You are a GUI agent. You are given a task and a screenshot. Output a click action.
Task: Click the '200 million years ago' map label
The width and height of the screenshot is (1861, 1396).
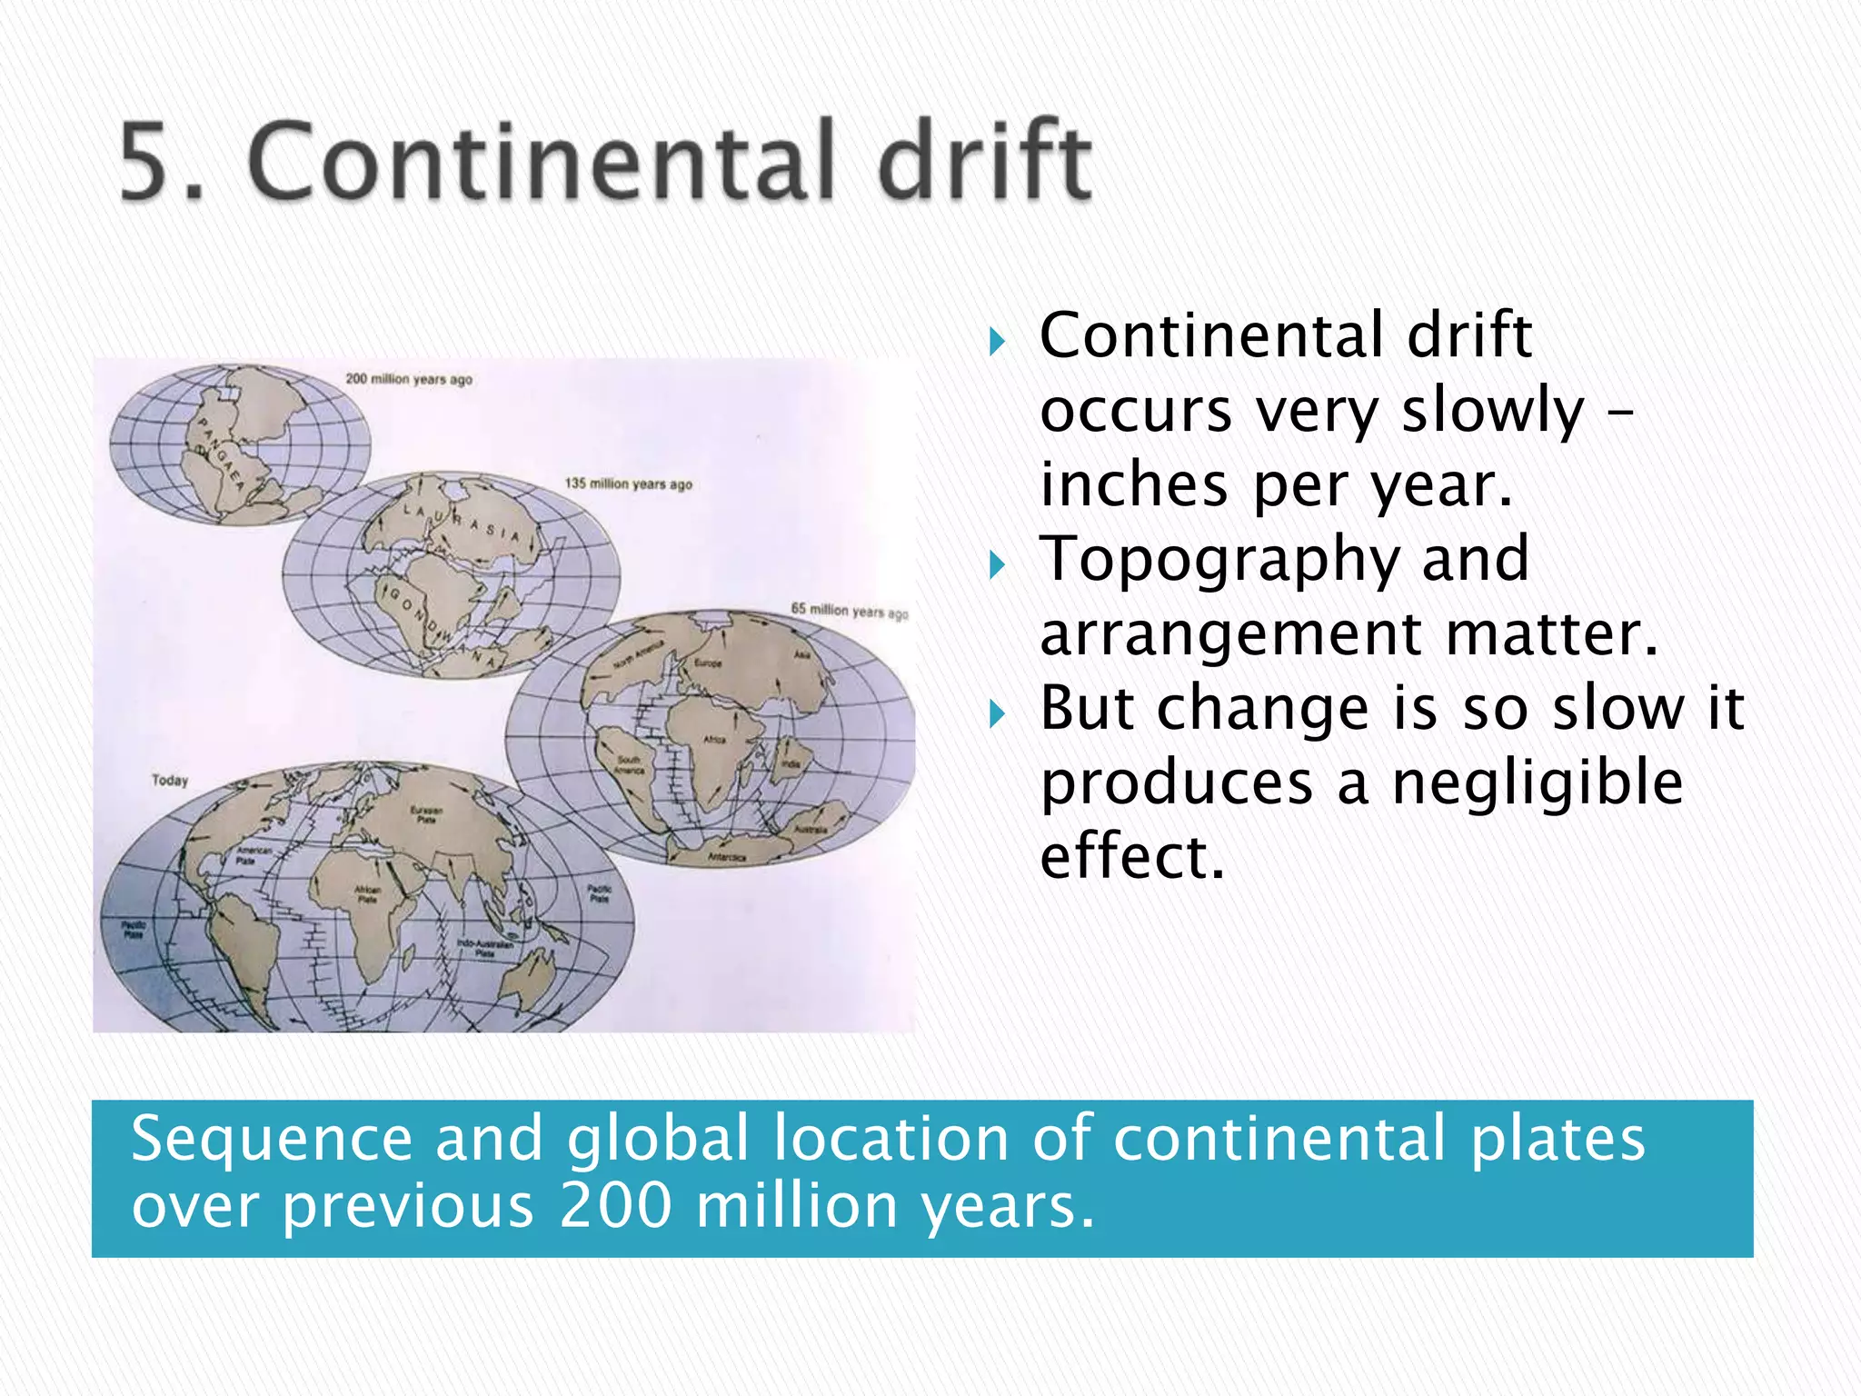(x=409, y=378)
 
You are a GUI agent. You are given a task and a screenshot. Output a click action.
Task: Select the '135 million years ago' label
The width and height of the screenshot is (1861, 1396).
(x=628, y=484)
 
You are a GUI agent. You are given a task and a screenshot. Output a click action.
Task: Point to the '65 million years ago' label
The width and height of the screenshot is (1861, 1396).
(x=849, y=611)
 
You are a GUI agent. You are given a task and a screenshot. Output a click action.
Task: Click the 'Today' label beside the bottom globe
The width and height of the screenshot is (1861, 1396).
(x=170, y=780)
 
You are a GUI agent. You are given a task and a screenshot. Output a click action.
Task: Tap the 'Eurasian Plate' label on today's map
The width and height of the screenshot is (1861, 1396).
(x=426, y=814)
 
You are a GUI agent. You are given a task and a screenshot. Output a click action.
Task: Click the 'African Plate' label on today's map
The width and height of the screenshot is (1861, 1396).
(x=368, y=894)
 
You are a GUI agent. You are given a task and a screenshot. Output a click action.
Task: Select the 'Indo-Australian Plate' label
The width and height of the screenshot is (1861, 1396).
(x=485, y=948)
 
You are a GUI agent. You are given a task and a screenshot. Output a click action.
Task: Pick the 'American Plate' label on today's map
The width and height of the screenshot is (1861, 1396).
(x=254, y=855)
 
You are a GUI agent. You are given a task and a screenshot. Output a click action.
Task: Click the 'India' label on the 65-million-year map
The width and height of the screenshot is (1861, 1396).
(x=791, y=764)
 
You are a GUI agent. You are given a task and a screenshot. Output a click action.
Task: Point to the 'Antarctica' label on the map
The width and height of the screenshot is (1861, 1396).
(x=727, y=857)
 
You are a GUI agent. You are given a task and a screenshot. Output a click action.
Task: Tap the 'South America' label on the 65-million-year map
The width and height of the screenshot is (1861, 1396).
(x=629, y=764)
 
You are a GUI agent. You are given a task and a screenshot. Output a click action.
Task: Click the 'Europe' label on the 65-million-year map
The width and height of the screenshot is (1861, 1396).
(x=708, y=663)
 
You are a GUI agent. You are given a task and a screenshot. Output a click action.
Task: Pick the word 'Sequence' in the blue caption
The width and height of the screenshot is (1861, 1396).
(x=272, y=1138)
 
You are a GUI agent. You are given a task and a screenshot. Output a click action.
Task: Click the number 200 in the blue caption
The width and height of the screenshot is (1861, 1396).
(x=616, y=1205)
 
